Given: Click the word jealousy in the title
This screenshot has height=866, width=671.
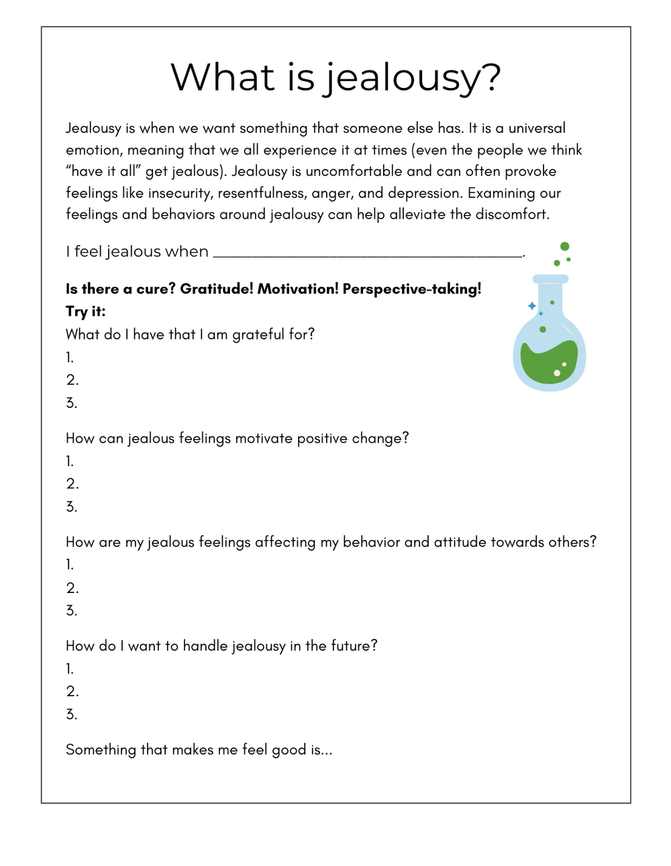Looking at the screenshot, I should (x=413, y=78).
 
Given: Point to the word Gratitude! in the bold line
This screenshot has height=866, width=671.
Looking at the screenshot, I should (x=217, y=289).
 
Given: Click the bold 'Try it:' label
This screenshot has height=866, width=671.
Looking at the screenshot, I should (x=85, y=311).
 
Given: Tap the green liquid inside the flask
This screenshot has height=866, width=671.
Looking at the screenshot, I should (x=550, y=363).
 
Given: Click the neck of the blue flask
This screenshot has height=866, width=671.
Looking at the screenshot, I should (x=550, y=295).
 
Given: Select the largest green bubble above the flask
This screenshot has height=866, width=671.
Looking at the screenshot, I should (x=564, y=247).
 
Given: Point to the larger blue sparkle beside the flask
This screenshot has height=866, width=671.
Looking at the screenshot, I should (x=532, y=306).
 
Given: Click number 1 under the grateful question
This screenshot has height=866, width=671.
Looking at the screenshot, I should (x=70, y=358).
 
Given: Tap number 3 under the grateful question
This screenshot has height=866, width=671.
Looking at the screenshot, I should (x=72, y=403).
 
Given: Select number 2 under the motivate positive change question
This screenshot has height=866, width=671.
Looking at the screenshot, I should (x=72, y=484).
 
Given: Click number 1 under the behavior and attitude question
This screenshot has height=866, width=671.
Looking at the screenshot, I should (x=70, y=565).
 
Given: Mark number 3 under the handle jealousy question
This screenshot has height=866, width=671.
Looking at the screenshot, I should (x=72, y=714).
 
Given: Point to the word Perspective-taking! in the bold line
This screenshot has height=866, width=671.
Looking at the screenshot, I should (x=412, y=289).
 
